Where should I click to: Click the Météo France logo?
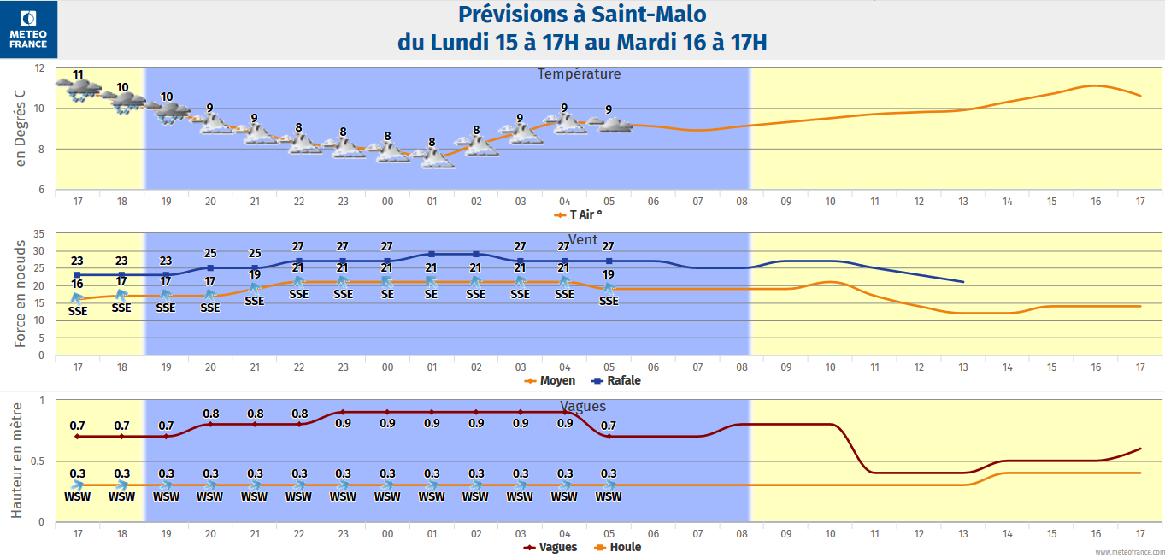coord(28,29)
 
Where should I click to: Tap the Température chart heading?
coord(579,74)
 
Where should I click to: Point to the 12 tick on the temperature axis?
coord(39,68)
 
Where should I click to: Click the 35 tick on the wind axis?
coord(39,233)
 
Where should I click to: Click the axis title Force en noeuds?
coord(20,292)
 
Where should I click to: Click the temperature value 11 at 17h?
coord(78,75)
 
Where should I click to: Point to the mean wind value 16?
coord(77,284)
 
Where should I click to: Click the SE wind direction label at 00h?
coord(387,294)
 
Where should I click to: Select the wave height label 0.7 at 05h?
coord(609,426)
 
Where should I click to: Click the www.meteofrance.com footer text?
coord(1127,552)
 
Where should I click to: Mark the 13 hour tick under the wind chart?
coord(963,367)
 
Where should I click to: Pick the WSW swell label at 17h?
coord(78,496)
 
